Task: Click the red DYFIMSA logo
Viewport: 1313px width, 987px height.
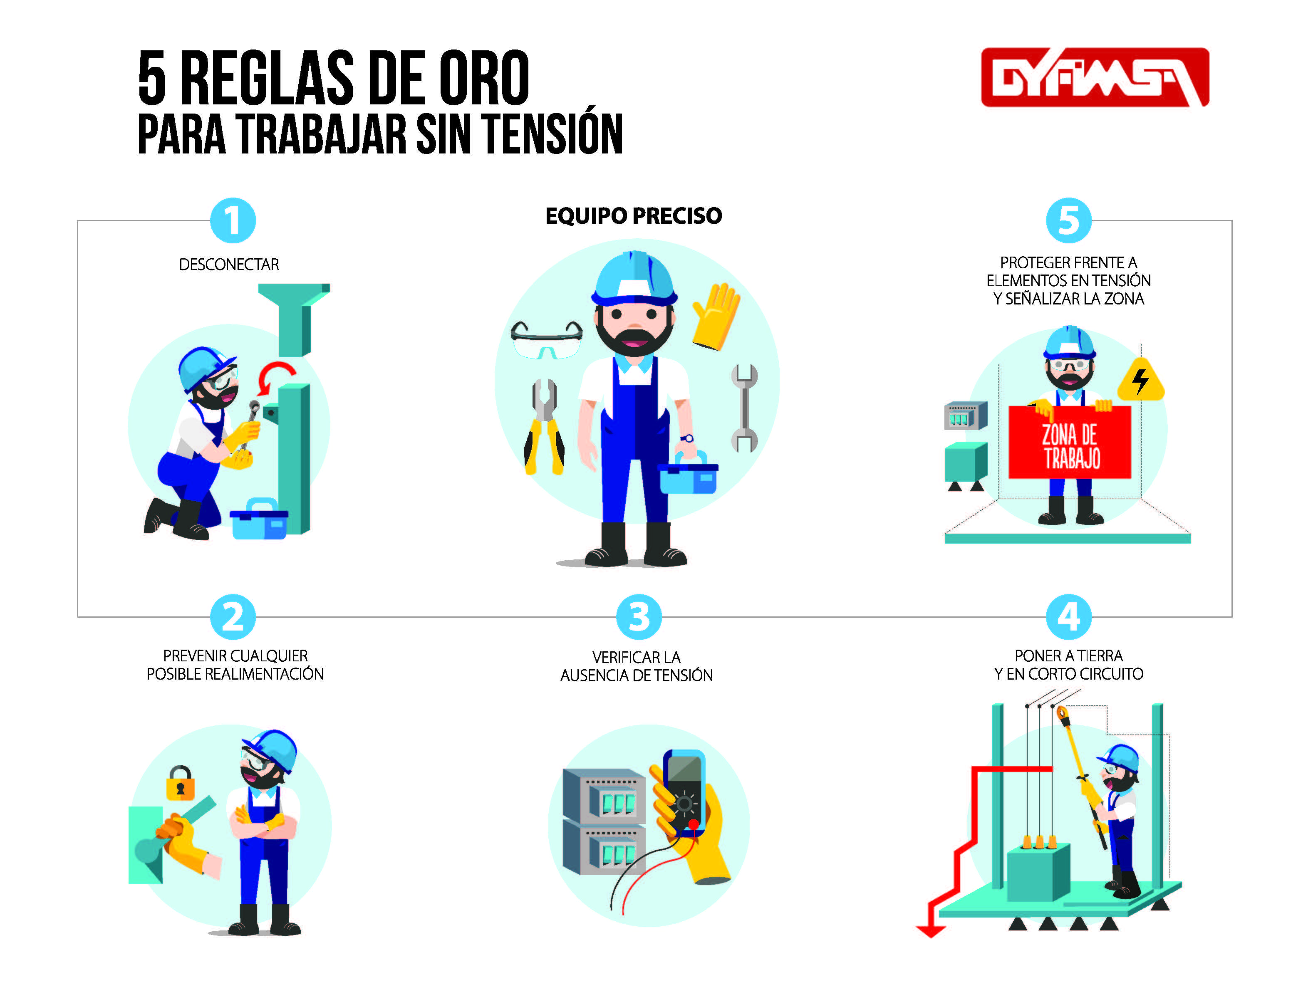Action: click(1095, 77)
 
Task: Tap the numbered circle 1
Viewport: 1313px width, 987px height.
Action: click(233, 220)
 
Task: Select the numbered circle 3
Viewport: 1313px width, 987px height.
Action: click(639, 617)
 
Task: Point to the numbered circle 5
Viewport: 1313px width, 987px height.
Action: click(1068, 220)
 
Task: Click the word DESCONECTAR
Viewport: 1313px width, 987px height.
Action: click(229, 264)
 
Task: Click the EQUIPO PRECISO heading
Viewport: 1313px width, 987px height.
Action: click(633, 215)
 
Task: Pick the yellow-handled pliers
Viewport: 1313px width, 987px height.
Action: click(544, 426)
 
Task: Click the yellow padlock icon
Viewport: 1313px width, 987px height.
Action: click(181, 783)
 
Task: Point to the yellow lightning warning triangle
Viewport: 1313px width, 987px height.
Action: click(1141, 379)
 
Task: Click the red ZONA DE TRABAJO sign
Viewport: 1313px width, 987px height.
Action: click(1070, 442)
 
